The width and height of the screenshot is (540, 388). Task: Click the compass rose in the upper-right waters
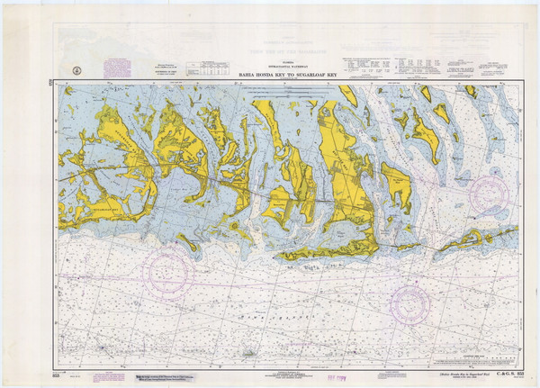489,194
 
